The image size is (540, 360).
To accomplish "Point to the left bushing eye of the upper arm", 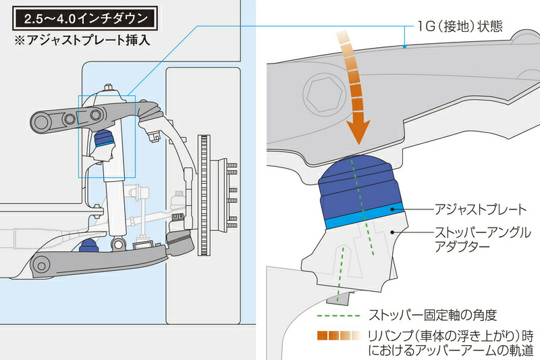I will [43, 123].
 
